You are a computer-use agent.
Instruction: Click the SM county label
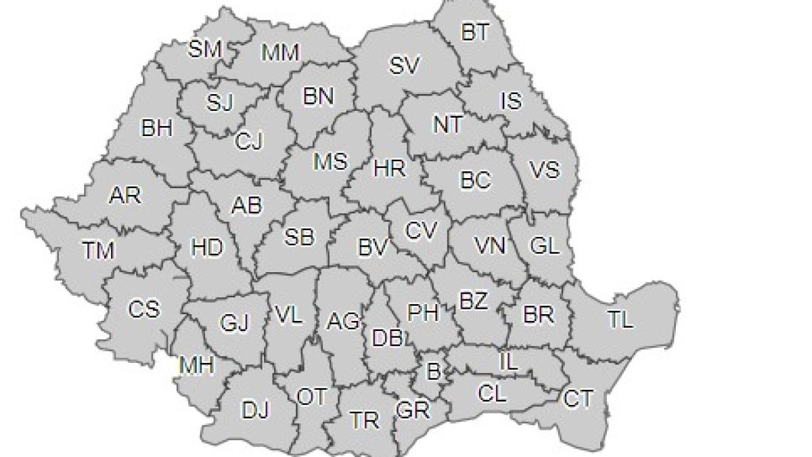pyautogui.click(x=205, y=49)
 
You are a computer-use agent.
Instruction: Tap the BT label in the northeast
pyautogui.click(x=475, y=32)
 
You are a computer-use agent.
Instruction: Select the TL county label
pyautogui.click(x=620, y=320)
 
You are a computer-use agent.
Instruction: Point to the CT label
pyautogui.click(x=578, y=399)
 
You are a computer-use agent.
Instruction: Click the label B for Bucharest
pyautogui.click(x=433, y=370)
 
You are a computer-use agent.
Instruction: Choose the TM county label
pyautogui.click(x=99, y=251)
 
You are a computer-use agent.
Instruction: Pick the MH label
pyautogui.click(x=196, y=366)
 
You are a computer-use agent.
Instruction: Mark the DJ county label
pyautogui.click(x=256, y=410)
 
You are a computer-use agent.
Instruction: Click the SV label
pyautogui.click(x=405, y=66)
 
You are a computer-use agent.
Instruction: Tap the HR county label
pyautogui.click(x=389, y=168)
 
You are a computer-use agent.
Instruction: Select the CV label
pyautogui.click(x=422, y=230)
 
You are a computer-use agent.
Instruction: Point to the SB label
pyautogui.click(x=298, y=236)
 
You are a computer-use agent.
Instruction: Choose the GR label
pyautogui.click(x=413, y=410)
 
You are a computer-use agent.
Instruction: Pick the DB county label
pyautogui.click(x=388, y=336)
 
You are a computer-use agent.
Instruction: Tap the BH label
pyautogui.click(x=156, y=128)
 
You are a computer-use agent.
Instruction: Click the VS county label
pyautogui.click(x=545, y=169)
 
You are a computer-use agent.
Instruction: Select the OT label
pyautogui.click(x=312, y=397)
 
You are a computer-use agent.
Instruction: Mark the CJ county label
pyautogui.click(x=249, y=142)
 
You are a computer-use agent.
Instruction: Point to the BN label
pyautogui.click(x=318, y=97)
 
